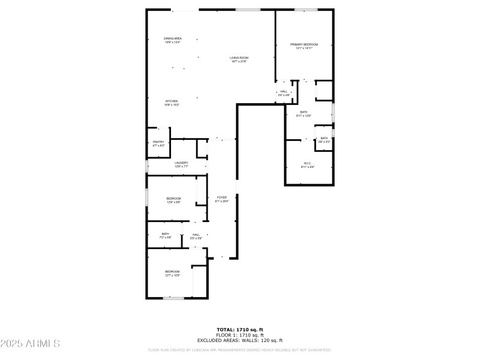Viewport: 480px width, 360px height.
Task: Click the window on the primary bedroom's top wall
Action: click(x=306, y=10)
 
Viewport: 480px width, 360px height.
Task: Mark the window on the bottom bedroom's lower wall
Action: click(x=173, y=298)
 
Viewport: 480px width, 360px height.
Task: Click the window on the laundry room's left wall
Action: click(x=147, y=166)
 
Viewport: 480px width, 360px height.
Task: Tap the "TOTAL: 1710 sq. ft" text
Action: click(x=240, y=329)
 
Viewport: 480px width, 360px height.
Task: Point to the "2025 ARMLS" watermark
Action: click(x=30, y=344)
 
